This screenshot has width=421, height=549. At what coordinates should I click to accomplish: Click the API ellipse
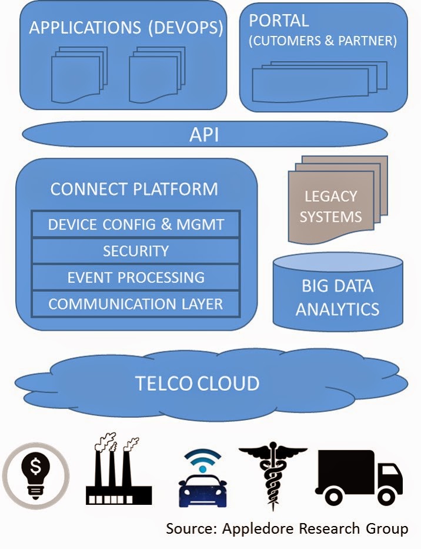point(205,134)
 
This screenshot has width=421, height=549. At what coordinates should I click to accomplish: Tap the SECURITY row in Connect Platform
point(136,251)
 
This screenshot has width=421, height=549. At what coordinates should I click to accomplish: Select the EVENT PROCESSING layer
point(136,277)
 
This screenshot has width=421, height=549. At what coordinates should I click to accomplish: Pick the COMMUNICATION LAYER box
point(136,304)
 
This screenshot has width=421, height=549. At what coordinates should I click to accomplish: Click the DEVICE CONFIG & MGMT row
point(136,224)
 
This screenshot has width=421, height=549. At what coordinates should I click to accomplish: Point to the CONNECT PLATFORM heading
point(134,189)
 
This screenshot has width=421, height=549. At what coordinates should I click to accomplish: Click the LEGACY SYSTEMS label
point(330,207)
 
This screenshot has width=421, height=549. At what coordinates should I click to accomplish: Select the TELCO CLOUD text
point(197,384)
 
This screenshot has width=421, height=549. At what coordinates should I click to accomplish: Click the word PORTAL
point(279,21)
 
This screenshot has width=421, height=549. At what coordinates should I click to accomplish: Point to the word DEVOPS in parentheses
point(185,28)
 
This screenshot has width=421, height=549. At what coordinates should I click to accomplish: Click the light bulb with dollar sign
point(36,476)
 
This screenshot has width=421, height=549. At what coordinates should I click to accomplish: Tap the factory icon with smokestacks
point(118,469)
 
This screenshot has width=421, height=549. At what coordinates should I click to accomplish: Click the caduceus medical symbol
point(273,478)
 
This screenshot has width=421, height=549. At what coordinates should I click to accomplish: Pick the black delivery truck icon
point(359,477)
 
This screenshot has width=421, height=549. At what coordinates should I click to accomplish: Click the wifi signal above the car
point(203,460)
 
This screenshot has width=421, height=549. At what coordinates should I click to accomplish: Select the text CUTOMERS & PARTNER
point(323,41)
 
